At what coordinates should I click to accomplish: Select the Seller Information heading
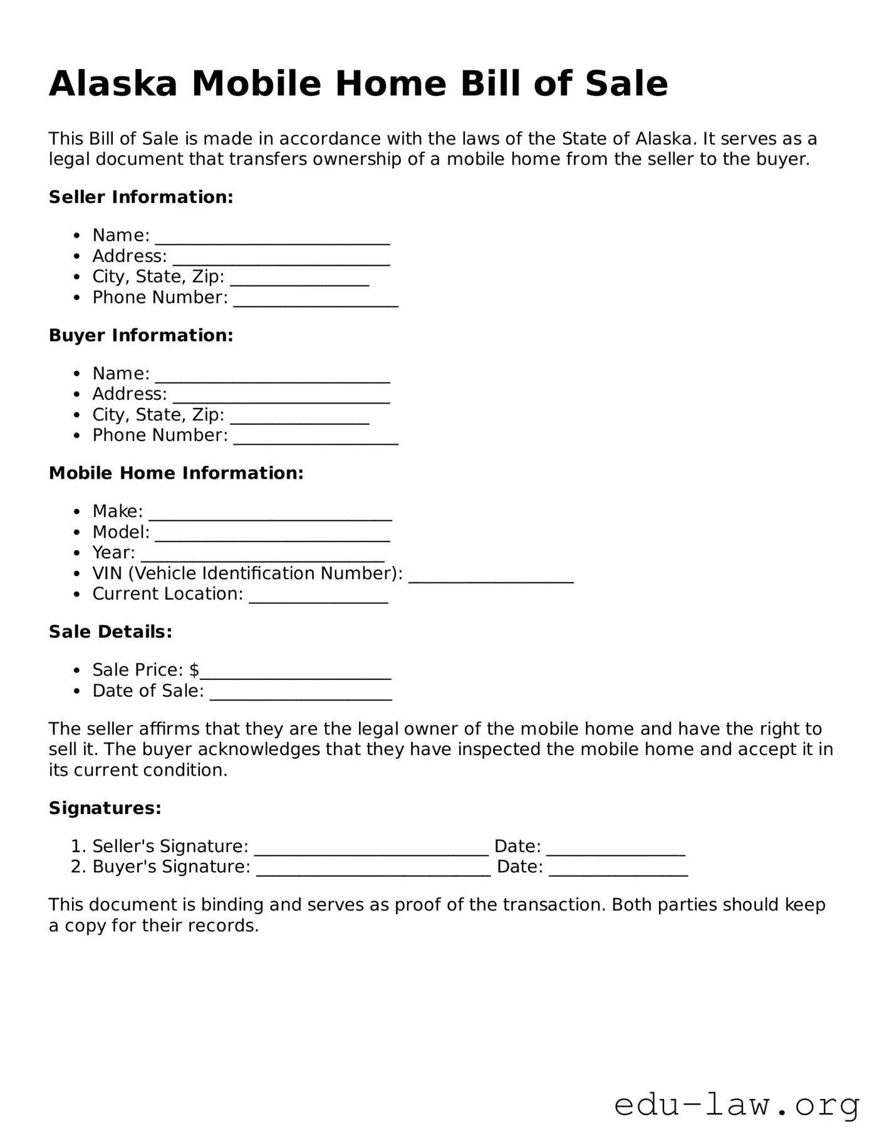click(141, 197)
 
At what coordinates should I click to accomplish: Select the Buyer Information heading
click(141, 335)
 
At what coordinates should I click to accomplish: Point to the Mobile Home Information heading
click(176, 473)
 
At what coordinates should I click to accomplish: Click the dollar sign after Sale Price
click(194, 670)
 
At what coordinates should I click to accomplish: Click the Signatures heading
click(105, 808)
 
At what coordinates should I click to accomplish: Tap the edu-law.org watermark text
click(737, 1105)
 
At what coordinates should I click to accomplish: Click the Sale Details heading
click(110, 632)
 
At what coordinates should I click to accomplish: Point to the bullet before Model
click(76, 533)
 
